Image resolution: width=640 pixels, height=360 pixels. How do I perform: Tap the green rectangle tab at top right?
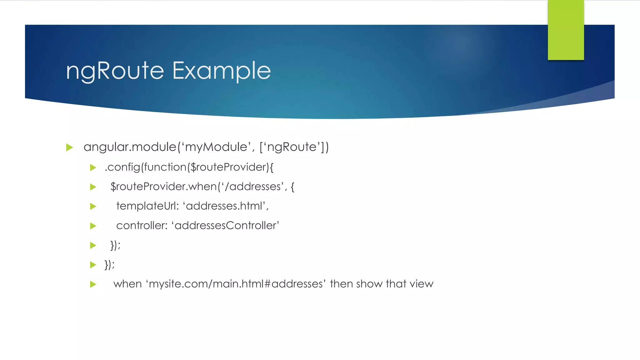(x=566, y=30)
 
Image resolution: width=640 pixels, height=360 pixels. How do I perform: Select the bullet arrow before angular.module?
(x=70, y=147)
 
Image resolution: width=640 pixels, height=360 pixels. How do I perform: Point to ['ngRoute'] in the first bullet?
(x=294, y=147)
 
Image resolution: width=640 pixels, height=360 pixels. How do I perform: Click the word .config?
(x=122, y=167)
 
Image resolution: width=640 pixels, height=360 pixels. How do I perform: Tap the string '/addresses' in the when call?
(x=254, y=187)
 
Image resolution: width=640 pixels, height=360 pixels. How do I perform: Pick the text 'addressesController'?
(x=225, y=225)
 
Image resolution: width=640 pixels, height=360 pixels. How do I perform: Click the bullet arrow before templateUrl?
(x=93, y=207)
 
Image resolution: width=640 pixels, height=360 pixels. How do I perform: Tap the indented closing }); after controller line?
(x=115, y=245)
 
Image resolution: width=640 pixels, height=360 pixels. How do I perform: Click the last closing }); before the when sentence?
(x=110, y=265)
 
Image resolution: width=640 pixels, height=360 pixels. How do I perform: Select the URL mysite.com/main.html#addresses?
(x=236, y=284)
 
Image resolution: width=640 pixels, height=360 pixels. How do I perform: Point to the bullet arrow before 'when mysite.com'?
(x=93, y=284)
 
